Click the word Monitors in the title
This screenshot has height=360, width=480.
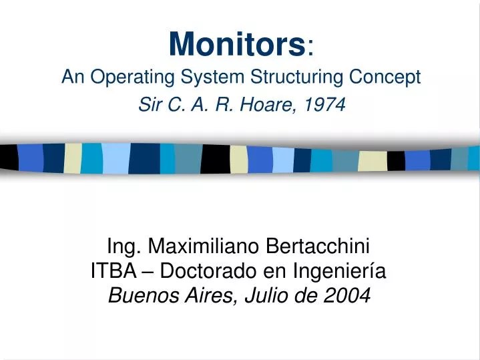pyautogui.click(x=237, y=44)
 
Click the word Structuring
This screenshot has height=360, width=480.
pyautogui.click(x=283, y=77)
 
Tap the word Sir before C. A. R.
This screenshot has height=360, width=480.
pyautogui.click(x=152, y=105)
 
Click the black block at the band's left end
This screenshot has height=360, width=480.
pyautogui.click(x=9, y=157)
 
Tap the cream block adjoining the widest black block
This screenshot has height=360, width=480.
pyautogui.click(x=238, y=159)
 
